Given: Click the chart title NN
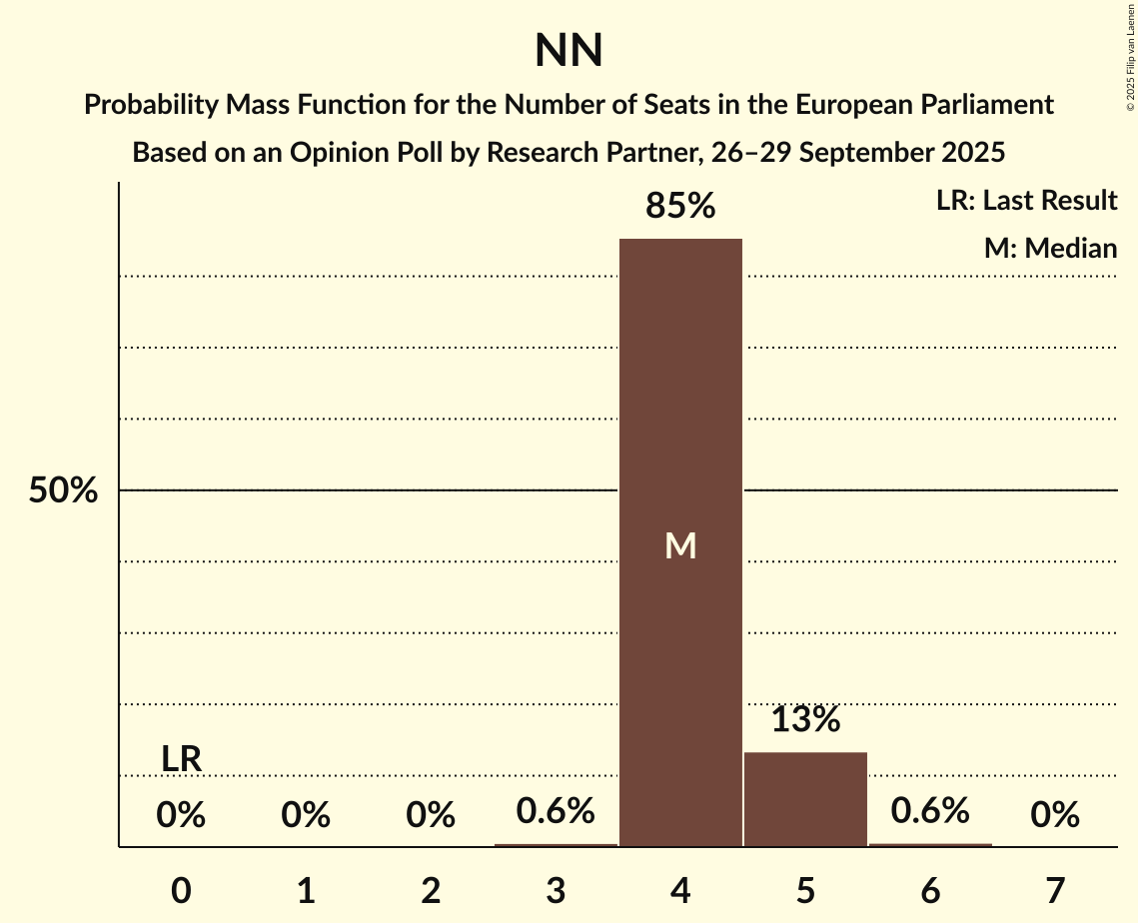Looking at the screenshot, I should tap(569, 51).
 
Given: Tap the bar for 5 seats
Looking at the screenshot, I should tap(805, 799).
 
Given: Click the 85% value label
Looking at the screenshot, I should tap(680, 207).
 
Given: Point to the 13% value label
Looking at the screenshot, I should tap(805, 719).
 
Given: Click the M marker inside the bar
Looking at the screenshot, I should tap(680, 545).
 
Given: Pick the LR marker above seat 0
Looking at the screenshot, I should tap(182, 759).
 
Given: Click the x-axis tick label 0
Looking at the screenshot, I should tap(181, 890).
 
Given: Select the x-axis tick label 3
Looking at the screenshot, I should tap(556, 890).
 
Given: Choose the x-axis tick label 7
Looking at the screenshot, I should tap(1055, 890).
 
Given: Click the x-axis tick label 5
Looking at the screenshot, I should tap(805, 890).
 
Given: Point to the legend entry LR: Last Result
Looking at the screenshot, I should tap(1026, 201).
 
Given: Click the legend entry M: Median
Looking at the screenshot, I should tap(1050, 248).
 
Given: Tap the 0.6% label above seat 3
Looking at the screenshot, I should tap(556, 811).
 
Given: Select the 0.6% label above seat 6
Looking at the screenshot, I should tap(930, 811).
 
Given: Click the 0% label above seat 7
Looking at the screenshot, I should tap(1055, 816).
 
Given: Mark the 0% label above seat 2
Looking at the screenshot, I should tap(431, 816).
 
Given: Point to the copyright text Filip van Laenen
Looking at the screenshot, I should tap(1130, 45).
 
